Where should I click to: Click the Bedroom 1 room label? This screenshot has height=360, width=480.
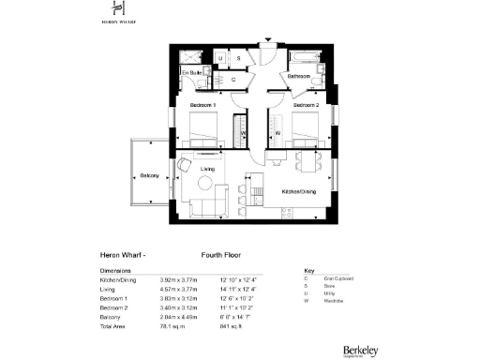pos(203,105)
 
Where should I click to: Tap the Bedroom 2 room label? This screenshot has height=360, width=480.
pos(306,105)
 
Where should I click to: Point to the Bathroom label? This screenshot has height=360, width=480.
pos(299,75)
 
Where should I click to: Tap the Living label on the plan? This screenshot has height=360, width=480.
pos(208,169)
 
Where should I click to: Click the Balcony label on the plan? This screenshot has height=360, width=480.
pos(149,175)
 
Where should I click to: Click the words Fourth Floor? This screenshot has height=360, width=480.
pos(223,253)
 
